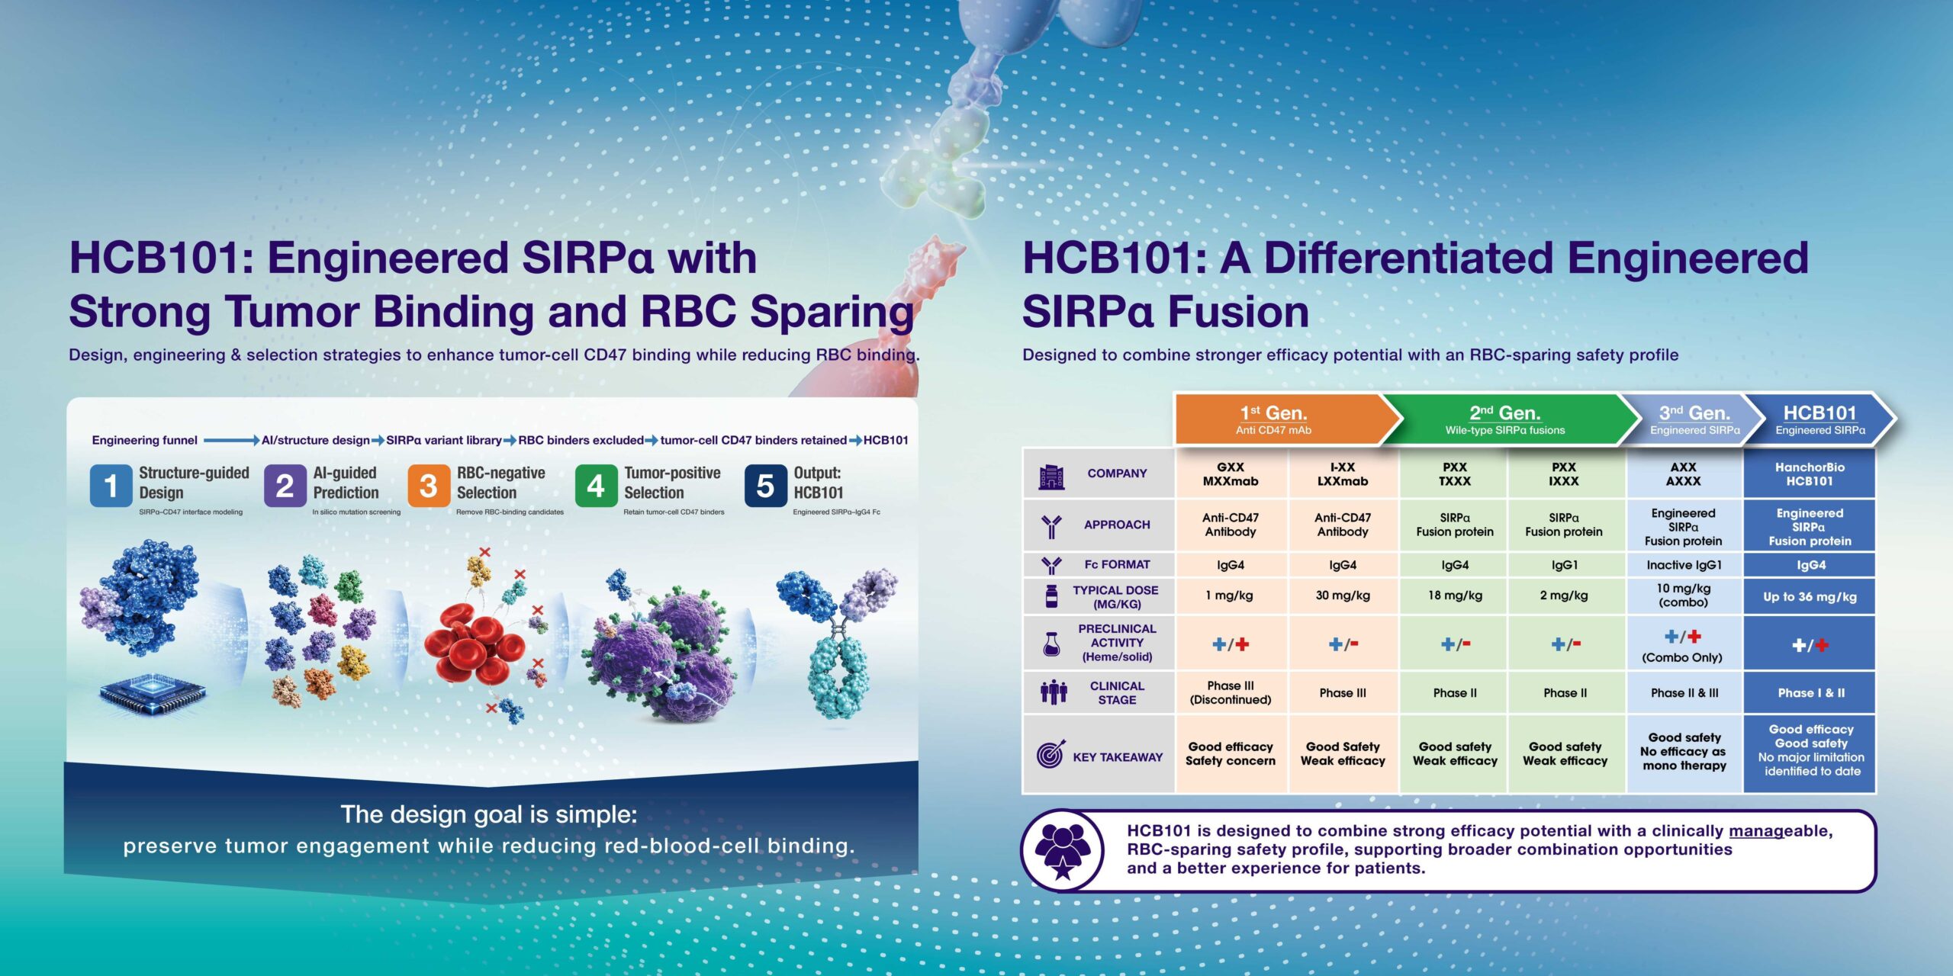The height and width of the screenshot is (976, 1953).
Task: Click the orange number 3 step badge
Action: (429, 486)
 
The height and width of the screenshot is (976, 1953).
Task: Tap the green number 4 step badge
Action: (596, 486)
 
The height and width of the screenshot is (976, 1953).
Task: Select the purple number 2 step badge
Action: (285, 486)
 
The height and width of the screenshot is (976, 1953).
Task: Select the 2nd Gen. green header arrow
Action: (1511, 419)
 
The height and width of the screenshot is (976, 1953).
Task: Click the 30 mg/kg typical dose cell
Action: (1343, 596)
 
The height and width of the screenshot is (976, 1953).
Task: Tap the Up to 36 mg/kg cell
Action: (1810, 596)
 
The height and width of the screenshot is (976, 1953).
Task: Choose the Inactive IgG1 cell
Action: (1684, 565)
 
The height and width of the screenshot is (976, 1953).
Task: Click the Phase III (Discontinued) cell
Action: (1231, 692)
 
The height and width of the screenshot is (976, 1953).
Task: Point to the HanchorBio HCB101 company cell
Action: (1810, 474)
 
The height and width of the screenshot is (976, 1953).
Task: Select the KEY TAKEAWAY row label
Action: (1118, 757)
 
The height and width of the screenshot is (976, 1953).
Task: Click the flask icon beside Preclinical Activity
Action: (1051, 645)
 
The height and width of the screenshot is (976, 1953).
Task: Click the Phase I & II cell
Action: (1810, 693)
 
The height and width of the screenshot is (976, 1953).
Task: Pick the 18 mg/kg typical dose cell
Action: (1455, 596)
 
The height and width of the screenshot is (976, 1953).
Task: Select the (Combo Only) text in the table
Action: (1682, 657)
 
